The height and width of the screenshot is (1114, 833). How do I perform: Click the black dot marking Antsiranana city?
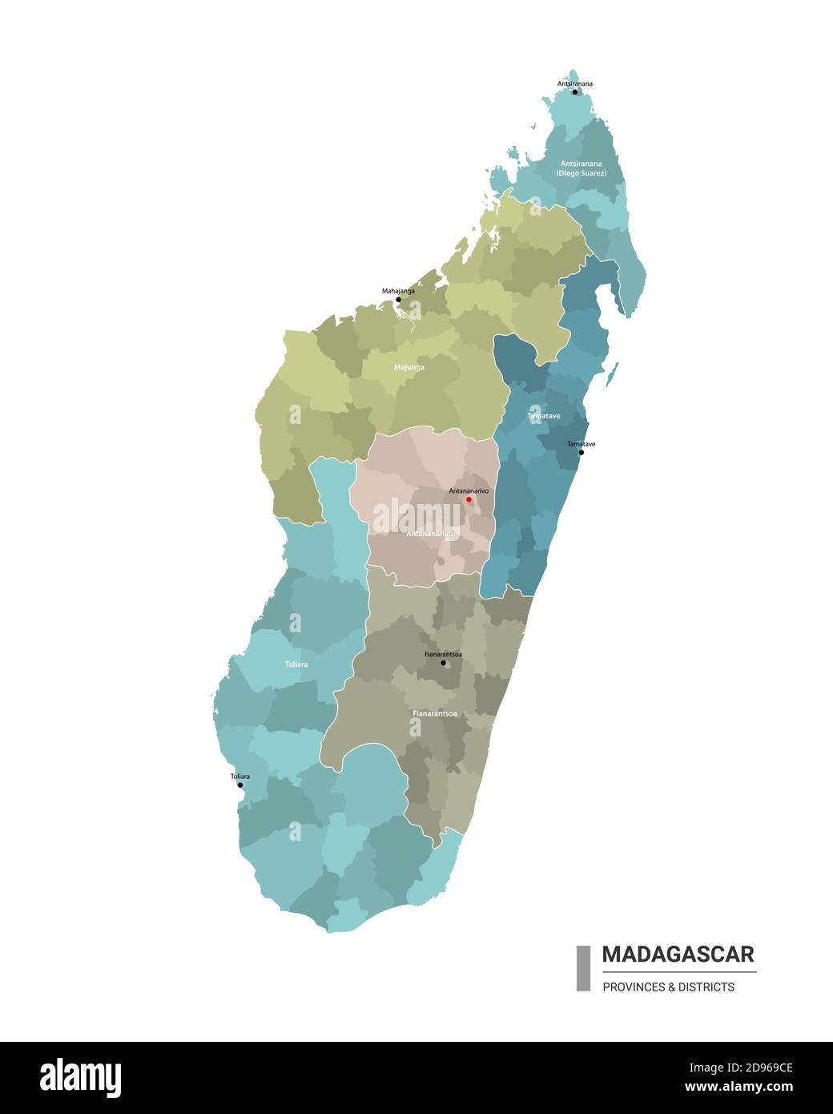tap(574, 92)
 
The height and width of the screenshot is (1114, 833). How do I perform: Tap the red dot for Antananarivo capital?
tap(469, 499)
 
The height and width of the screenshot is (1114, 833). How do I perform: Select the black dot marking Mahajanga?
tap(398, 300)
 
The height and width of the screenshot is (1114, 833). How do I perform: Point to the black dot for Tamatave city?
tap(581, 453)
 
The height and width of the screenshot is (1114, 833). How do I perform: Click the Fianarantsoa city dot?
tap(443, 663)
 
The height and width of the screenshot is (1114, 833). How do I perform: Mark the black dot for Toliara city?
tap(240, 785)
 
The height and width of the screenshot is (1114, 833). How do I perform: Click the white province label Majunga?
tap(409, 368)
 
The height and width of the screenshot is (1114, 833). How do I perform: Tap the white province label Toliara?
tap(296, 664)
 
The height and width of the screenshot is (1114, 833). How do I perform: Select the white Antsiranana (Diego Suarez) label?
tap(581, 168)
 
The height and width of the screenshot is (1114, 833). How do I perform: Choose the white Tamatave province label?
tap(544, 416)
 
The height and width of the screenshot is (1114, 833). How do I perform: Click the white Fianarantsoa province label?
tap(435, 713)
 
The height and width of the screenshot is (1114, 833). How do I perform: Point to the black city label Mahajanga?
tap(398, 291)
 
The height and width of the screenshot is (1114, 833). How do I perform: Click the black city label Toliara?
tap(240, 777)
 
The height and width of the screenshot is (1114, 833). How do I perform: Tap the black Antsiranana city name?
tap(575, 83)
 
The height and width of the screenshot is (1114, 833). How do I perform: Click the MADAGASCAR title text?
tap(678, 955)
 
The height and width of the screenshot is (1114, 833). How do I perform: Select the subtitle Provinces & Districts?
tap(668, 987)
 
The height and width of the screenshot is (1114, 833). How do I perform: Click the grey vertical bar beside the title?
tap(583, 968)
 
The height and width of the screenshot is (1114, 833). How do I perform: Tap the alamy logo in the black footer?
tap(80, 1078)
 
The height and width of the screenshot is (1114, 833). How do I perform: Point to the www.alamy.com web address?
tap(738, 1088)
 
